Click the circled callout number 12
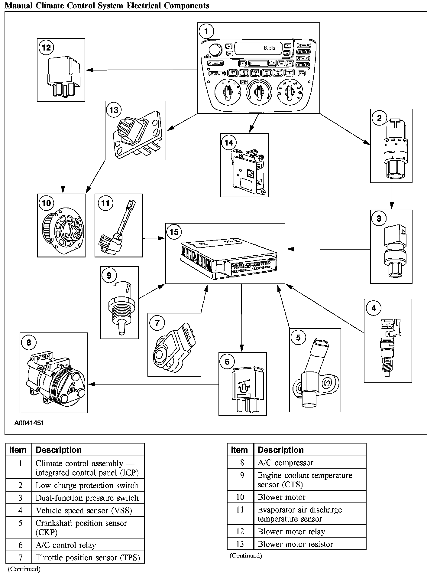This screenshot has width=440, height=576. click(x=47, y=48)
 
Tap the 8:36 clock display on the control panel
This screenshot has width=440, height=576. click(x=269, y=48)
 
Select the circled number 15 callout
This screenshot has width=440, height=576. click(x=174, y=232)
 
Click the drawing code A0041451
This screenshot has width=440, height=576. click(x=29, y=423)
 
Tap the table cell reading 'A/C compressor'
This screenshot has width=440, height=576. click(x=285, y=463)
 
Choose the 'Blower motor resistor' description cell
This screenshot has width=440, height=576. click(x=295, y=544)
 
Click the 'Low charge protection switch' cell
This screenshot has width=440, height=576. click(x=87, y=486)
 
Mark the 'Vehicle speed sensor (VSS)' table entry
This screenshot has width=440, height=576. click(x=84, y=511)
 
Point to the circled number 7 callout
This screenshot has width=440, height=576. click(x=157, y=323)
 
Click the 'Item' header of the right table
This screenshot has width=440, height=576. click(x=239, y=450)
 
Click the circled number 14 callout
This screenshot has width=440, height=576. click(x=229, y=142)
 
